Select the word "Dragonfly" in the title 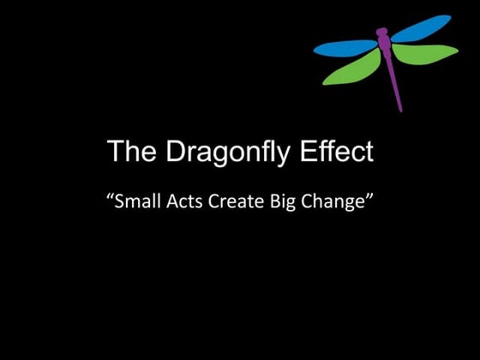224,153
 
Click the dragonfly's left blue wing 345,46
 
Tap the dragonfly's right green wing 426,54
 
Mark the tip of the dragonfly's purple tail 400,109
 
